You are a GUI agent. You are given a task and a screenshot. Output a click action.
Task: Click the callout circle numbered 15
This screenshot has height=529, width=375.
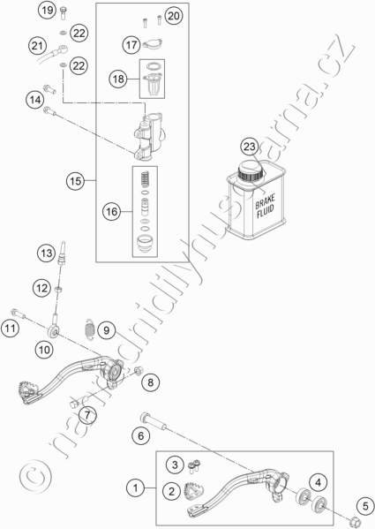coord(75,181)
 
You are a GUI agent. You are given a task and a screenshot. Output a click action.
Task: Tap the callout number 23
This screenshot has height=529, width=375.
coord(250,147)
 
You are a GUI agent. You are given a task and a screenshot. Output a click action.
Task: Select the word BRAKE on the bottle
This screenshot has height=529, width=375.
coord(265,201)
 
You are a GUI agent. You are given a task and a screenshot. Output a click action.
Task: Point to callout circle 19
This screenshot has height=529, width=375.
coord(48,10)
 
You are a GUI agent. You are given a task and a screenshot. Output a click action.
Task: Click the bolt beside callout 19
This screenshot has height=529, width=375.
coord(63,12)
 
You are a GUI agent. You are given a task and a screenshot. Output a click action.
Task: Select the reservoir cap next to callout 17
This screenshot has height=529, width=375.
coord(153,43)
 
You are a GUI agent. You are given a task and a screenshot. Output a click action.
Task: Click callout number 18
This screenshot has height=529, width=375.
coord(118,79)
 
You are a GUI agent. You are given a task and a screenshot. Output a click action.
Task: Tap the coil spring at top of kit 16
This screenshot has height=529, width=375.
coord(145,178)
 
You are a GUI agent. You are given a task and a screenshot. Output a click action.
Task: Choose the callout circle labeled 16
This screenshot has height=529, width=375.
coord(112,212)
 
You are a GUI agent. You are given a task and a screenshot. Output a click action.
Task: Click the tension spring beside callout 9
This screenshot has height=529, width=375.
coord(89,329)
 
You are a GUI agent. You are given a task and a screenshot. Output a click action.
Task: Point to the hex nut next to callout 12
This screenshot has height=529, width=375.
coord(57,289)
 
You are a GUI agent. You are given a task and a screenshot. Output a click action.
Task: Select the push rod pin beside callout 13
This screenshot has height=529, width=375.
coord(62,253)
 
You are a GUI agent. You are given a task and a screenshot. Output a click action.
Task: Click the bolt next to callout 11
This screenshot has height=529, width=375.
coord(18,314)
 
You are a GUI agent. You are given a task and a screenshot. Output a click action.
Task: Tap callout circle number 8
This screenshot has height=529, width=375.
coord(150,382)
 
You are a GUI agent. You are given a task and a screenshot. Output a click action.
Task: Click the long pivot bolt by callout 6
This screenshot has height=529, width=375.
coord(154,421)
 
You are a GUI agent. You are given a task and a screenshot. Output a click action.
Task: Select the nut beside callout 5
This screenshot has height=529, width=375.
coord(356,521)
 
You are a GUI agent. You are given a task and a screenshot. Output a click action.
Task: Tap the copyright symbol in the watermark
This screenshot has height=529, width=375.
coord(35,476)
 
